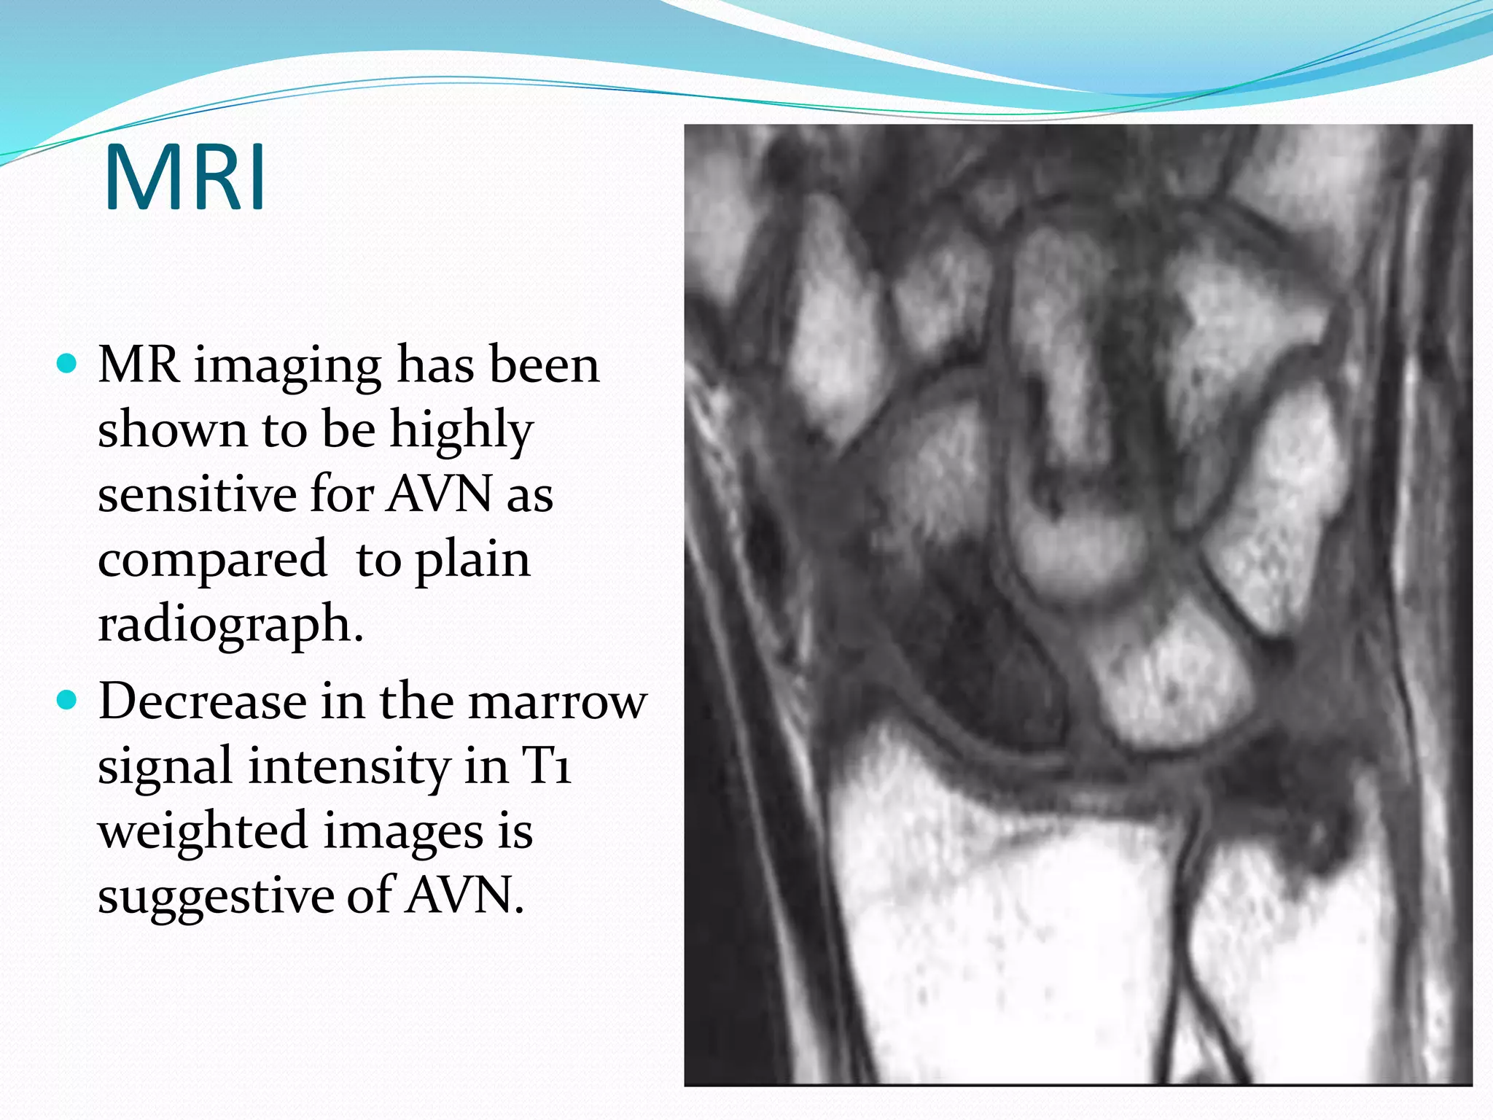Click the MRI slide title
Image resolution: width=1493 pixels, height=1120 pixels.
tap(185, 178)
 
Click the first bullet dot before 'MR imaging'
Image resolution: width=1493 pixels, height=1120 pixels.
tap(66, 363)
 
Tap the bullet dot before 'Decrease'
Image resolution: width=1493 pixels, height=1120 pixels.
tap(66, 701)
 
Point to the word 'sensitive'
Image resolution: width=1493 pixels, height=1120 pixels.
tap(196, 494)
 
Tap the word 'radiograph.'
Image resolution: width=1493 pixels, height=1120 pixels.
tap(230, 626)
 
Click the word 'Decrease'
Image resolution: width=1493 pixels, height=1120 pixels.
tap(202, 701)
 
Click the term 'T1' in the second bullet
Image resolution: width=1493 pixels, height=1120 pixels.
tap(546, 766)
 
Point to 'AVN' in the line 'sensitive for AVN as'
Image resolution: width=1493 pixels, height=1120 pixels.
tap(440, 494)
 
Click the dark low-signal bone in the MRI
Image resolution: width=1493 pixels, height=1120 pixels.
tap(977, 664)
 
